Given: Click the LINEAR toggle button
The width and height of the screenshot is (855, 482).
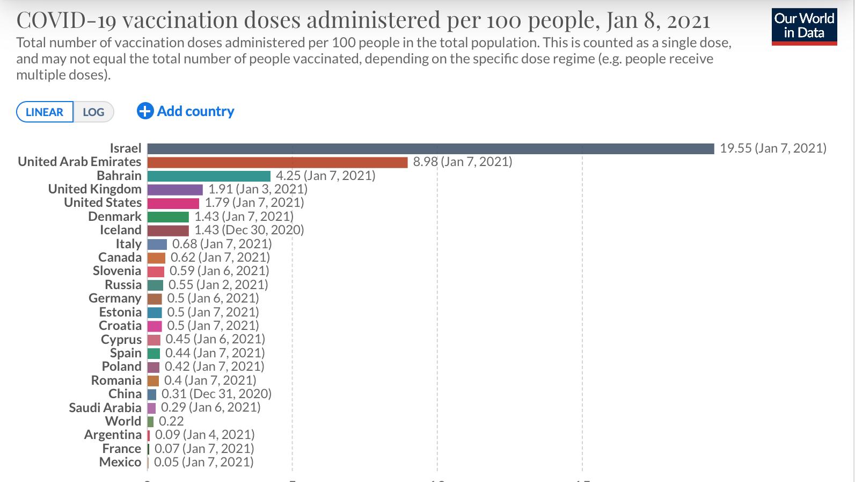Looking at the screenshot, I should pos(45,112).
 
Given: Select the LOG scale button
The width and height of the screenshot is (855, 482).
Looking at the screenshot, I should pos(93,112).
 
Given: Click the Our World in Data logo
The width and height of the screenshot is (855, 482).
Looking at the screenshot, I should pos(804,26).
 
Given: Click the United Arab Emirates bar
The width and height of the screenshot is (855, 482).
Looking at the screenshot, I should pos(277,162).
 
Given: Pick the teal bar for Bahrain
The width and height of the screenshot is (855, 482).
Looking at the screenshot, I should pos(209,176).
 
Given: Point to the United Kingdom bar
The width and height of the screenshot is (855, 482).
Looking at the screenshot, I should pos(175,189).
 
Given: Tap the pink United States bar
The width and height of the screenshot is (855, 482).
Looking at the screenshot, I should pos(173,203).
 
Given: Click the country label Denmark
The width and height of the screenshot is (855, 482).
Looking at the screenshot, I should pos(115,217).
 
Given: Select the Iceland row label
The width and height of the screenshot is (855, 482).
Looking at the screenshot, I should pos(121,230).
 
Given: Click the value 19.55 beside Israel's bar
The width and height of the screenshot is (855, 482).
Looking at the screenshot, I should pos(736,148).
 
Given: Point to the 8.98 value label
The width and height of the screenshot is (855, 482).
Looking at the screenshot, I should pos(426,162).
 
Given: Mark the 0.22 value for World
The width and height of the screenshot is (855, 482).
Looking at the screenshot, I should pos(171,421).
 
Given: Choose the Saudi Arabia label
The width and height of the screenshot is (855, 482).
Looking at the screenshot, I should pos(105,408).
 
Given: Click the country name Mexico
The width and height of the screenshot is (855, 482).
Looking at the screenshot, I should pos(120,462).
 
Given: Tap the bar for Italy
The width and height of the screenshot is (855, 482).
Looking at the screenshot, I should pos(157,244).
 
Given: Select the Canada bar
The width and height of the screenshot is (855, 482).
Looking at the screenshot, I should pos(156,257).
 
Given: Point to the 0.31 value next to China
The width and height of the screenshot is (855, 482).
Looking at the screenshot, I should pos(173,394).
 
